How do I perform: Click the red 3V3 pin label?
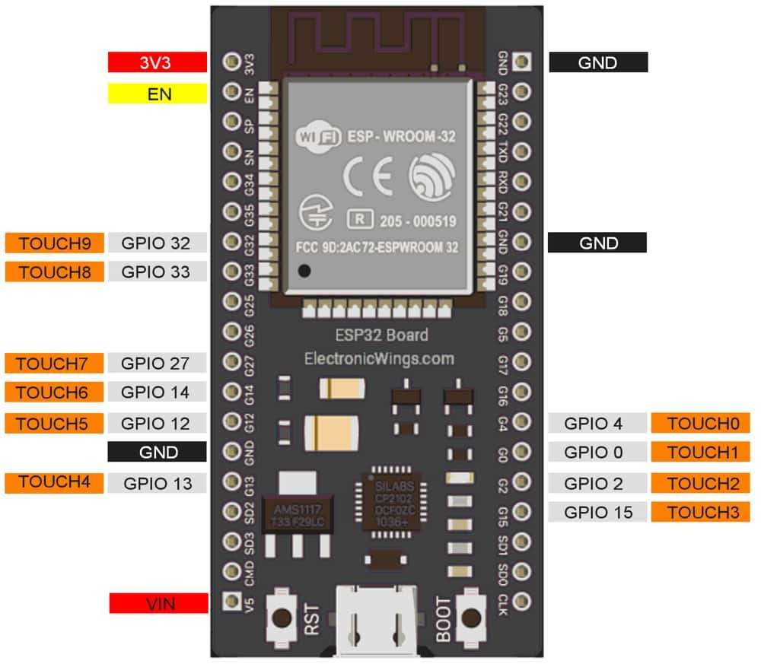(158, 62)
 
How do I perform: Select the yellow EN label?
(158, 94)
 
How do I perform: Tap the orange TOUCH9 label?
(54, 243)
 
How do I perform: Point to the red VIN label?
(158, 604)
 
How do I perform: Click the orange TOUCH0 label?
(701, 423)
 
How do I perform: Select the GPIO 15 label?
(598, 512)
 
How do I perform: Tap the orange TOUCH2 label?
(701, 483)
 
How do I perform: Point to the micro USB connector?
(376, 620)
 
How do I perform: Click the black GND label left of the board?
(158, 452)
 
